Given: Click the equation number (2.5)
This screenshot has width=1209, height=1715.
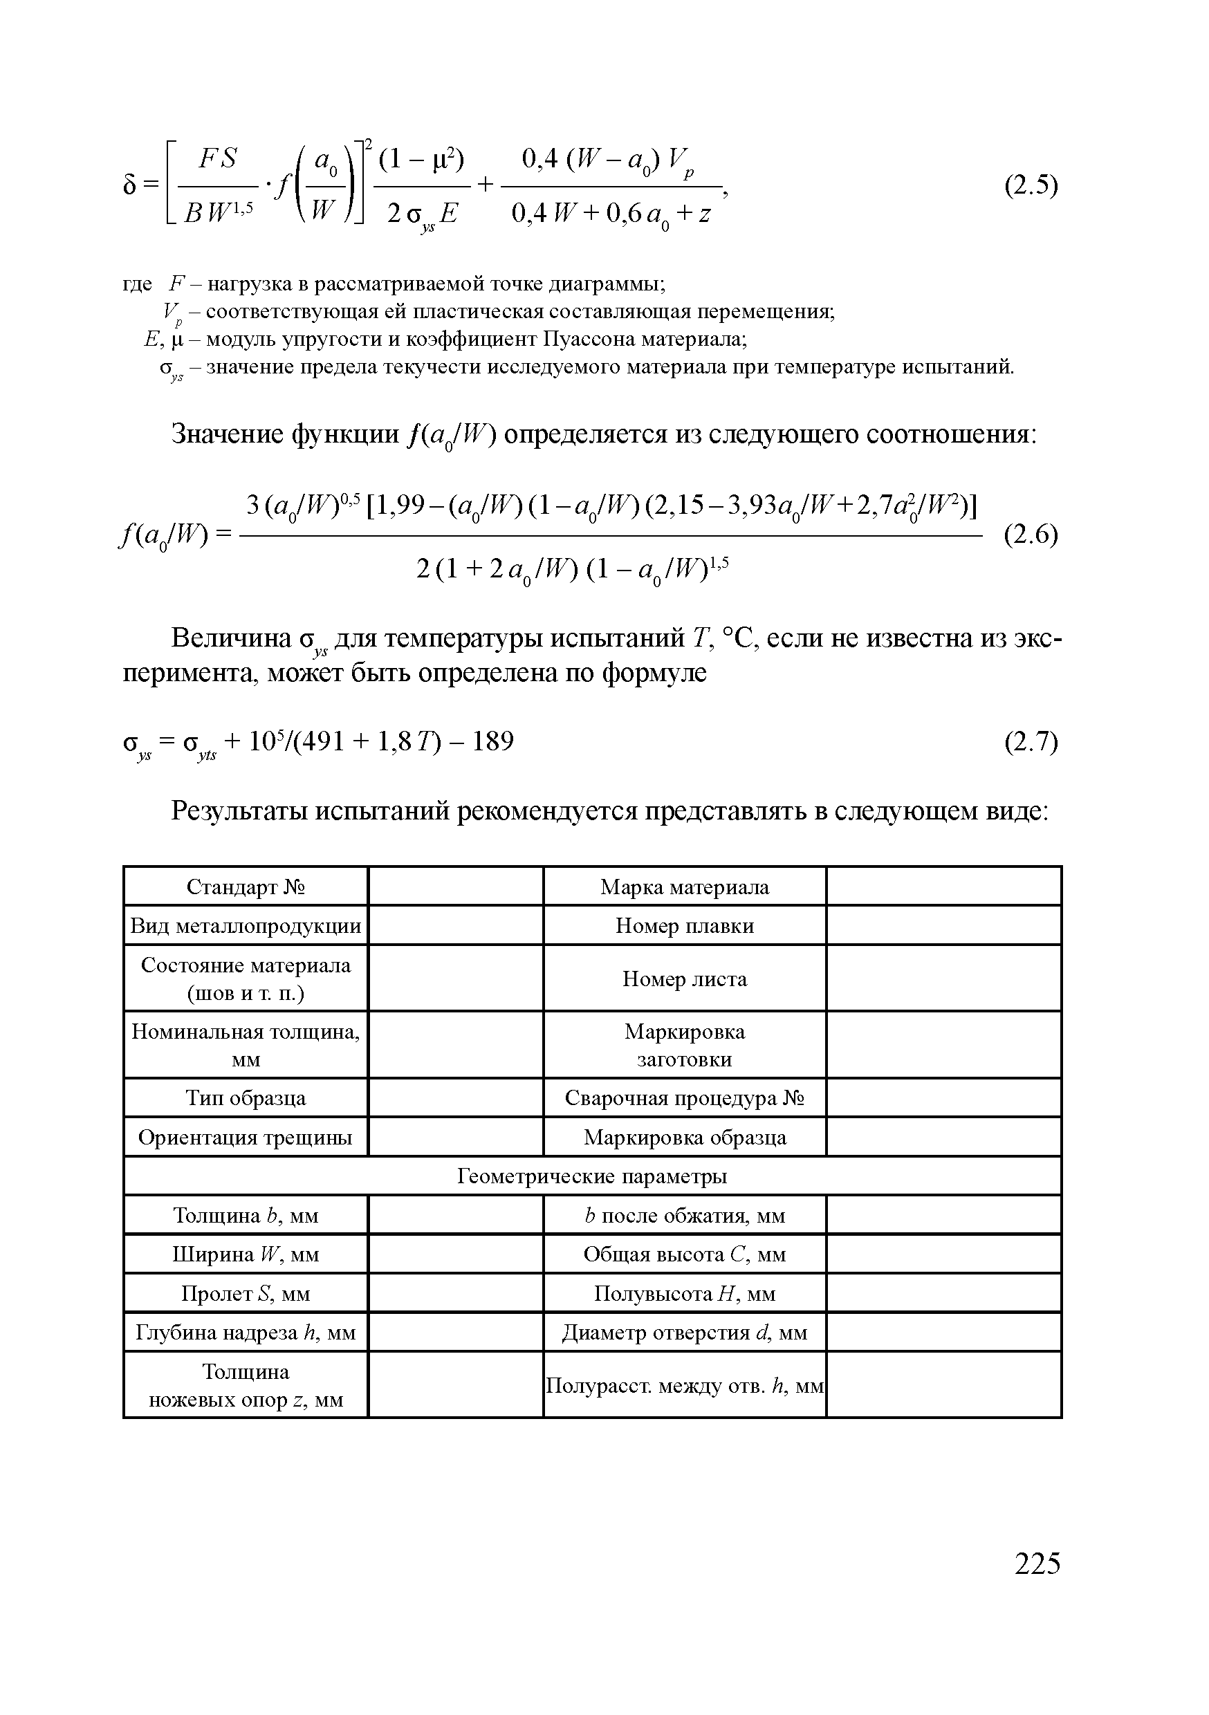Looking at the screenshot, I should pyautogui.click(x=1031, y=185).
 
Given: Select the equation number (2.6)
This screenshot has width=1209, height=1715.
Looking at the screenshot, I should pyautogui.click(x=1031, y=535).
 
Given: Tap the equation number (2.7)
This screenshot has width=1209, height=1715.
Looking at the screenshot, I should pyautogui.click(x=1031, y=742).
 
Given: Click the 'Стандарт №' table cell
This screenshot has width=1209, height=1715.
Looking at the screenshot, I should pyautogui.click(x=246, y=887).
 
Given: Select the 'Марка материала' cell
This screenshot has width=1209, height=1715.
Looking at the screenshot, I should pyautogui.click(x=685, y=887).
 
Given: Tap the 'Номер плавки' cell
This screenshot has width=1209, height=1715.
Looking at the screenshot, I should pyautogui.click(x=685, y=925).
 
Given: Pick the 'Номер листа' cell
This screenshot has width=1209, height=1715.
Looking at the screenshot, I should pyautogui.click(x=685, y=979).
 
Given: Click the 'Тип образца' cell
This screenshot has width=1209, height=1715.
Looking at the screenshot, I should pyautogui.click(x=246, y=1098).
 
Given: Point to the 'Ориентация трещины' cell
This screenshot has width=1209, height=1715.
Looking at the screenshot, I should pyautogui.click(x=246, y=1137).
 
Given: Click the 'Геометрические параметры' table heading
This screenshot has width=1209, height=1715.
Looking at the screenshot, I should pyautogui.click(x=592, y=1176).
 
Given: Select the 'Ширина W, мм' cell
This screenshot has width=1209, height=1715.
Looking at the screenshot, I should pyautogui.click(x=246, y=1254).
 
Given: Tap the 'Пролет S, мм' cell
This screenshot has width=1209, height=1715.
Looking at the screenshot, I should pyautogui.click(x=246, y=1293).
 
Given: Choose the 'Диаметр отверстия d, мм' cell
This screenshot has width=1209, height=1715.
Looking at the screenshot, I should pyautogui.click(x=685, y=1333).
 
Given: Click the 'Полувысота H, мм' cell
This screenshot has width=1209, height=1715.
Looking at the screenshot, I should pyautogui.click(x=685, y=1293).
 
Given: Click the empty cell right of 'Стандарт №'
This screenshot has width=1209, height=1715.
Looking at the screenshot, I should pyautogui.click(x=456, y=887).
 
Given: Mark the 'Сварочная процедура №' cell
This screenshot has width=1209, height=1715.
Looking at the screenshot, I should pyautogui.click(x=685, y=1098).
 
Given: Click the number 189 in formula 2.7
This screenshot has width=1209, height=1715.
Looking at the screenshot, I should pyautogui.click(x=492, y=742).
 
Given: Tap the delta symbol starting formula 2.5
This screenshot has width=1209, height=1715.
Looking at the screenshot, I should pyautogui.click(x=130, y=185).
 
